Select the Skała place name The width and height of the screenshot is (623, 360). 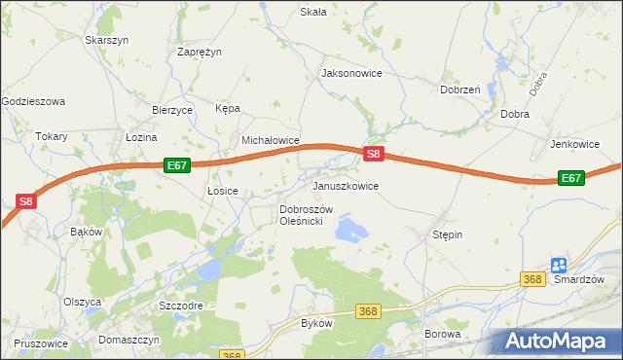[x=312, y=12]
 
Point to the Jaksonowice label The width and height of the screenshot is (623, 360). [x=351, y=73]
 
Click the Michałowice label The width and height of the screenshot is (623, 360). [x=270, y=140]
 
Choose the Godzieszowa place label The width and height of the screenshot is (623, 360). [x=33, y=100]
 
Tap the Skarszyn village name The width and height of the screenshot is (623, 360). [x=107, y=40]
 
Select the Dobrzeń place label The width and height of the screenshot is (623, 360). [x=459, y=90]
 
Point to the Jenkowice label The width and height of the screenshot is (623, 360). [x=574, y=143]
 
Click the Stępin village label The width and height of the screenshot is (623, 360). [x=447, y=235]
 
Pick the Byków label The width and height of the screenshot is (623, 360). [x=316, y=322]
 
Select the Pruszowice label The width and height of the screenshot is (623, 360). [x=41, y=343]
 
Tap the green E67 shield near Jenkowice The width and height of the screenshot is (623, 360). [x=571, y=178]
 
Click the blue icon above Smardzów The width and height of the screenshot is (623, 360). [x=558, y=265]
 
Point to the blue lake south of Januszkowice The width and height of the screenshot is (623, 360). [x=350, y=230]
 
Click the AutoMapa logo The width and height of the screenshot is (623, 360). [x=556, y=341]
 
